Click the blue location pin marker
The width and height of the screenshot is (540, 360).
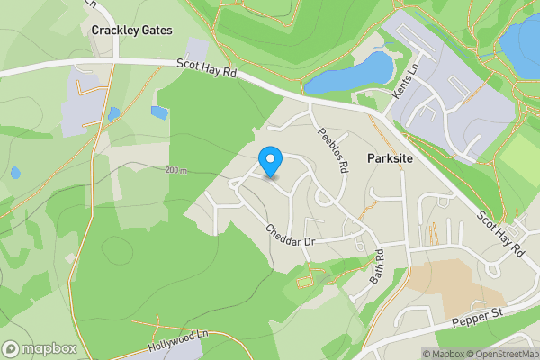coord(270,162)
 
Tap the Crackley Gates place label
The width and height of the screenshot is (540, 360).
coord(131,30)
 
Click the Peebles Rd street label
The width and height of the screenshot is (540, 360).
coord(331,148)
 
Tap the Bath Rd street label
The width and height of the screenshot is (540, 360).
coord(378,267)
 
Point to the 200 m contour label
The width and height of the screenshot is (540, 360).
coord(176,170)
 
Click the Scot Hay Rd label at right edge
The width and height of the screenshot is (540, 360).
coord(500,234)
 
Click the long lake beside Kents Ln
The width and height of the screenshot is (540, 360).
coord(351,74)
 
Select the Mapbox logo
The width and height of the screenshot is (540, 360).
coord(40,348)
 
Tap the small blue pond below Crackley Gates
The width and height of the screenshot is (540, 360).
coord(159,113)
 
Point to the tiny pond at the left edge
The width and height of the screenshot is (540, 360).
coord(15,172)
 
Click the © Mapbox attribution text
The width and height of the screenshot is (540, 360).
coord(443,354)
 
